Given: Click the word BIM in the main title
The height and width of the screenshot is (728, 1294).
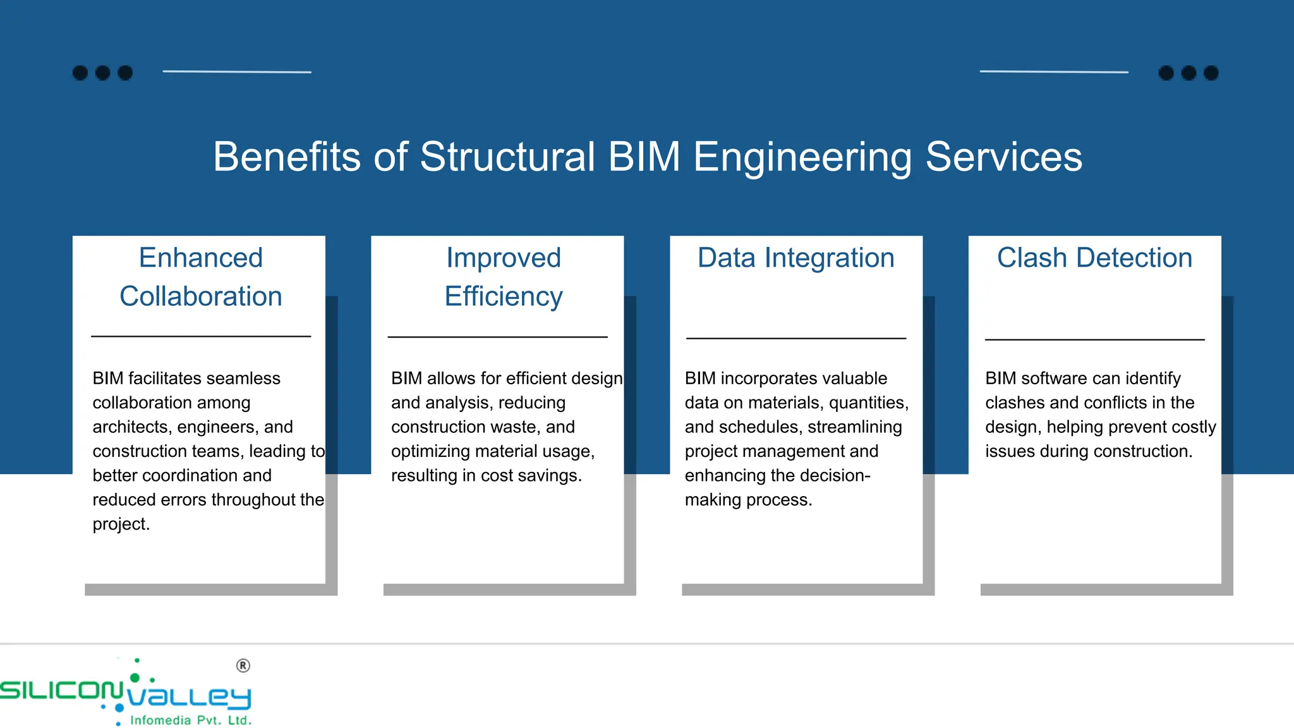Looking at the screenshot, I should (644, 157).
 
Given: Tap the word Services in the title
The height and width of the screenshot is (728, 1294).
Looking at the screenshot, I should (1003, 157).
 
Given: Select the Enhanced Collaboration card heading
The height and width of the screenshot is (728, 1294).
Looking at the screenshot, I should (201, 277).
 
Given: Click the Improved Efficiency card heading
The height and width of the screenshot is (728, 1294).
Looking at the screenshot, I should (504, 277).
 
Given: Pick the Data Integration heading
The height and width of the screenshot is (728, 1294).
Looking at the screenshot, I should (796, 258).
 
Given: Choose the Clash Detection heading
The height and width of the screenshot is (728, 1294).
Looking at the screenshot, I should (1094, 258).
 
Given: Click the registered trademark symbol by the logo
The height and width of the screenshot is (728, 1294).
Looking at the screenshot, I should (243, 665).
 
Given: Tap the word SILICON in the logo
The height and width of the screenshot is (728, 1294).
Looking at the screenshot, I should (61, 690).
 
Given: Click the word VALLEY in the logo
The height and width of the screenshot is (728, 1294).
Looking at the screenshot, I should (190, 697).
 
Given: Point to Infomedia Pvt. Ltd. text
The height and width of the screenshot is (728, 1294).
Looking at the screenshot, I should (191, 720).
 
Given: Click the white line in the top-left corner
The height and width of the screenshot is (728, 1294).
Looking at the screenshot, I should (237, 72).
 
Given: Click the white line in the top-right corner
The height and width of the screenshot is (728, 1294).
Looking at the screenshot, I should (1054, 72).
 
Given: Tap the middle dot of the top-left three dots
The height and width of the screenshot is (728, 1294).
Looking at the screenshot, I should (102, 73).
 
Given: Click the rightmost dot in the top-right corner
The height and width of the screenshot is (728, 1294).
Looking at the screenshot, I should (1211, 73).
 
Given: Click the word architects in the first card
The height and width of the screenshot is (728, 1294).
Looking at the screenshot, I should (132, 427).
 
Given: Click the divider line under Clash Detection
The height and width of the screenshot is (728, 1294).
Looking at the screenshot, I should (1094, 340).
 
